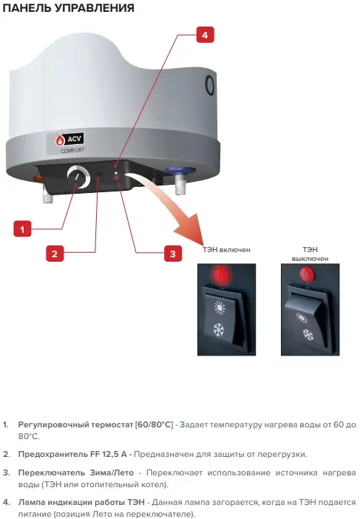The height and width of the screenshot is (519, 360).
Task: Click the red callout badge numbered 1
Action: point(22,228)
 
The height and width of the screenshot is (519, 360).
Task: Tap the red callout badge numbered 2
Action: point(55,254)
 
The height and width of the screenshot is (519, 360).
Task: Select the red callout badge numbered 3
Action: point(173,254)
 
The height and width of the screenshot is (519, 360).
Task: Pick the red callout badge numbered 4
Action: point(206,35)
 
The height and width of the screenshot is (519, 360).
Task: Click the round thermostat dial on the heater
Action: point(78,177)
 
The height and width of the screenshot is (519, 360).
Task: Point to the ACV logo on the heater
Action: point(69,139)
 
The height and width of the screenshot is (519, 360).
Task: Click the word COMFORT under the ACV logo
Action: point(72,150)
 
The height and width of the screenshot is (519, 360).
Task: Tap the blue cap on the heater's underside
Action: point(178,171)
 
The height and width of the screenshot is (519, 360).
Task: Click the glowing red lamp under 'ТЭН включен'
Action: point(219,274)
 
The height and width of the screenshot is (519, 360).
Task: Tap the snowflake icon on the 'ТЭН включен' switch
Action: point(219,330)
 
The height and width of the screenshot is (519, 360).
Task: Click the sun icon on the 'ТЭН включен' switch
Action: point(220,308)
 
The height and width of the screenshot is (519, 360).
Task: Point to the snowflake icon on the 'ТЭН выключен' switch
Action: point(308,335)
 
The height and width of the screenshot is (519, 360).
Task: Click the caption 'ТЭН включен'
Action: point(227,250)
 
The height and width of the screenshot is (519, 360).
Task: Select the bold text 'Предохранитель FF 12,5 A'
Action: point(72,454)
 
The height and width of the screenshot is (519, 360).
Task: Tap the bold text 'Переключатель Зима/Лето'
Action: point(76,472)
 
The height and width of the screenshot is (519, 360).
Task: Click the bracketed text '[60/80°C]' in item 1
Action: point(154,424)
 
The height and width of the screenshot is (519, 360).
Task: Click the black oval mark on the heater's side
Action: point(210,86)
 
